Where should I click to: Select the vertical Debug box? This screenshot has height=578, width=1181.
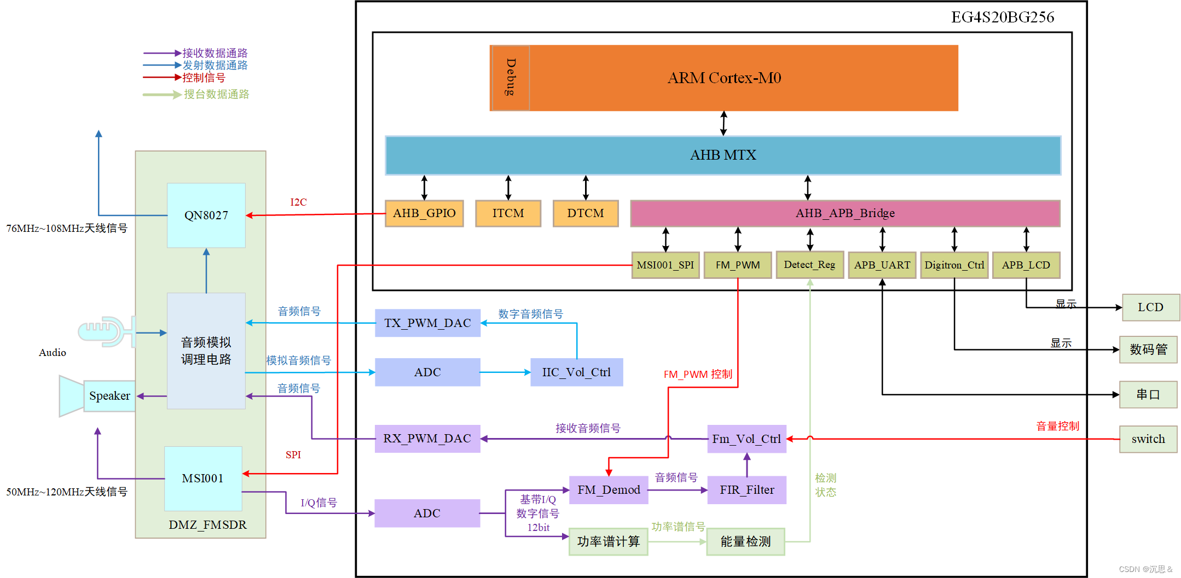(x=511, y=78)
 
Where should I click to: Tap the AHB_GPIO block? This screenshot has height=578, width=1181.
(x=424, y=213)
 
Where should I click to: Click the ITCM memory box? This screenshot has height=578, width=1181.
(x=508, y=213)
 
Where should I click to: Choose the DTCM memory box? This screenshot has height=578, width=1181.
(x=586, y=213)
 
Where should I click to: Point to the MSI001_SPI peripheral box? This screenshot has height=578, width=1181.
(x=665, y=265)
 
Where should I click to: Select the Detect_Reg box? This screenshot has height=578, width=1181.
(x=809, y=265)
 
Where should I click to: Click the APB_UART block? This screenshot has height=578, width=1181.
(x=882, y=265)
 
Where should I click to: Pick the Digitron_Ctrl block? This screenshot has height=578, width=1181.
(x=954, y=265)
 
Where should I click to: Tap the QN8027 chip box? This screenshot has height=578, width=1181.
(x=206, y=215)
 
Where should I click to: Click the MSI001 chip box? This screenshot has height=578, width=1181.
(x=203, y=478)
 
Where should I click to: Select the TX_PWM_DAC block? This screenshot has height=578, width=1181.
(x=427, y=323)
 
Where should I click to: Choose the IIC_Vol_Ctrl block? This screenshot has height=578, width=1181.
(x=576, y=372)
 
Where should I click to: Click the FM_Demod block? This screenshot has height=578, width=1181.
(x=609, y=490)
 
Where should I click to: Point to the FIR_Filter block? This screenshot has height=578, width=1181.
(x=746, y=490)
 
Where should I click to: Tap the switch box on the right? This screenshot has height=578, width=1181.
(x=1148, y=439)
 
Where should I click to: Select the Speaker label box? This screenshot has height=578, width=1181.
(x=109, y=396)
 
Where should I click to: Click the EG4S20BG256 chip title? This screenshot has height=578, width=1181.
(x=1003, y=17)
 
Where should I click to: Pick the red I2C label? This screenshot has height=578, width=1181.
(x=298, y=202)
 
